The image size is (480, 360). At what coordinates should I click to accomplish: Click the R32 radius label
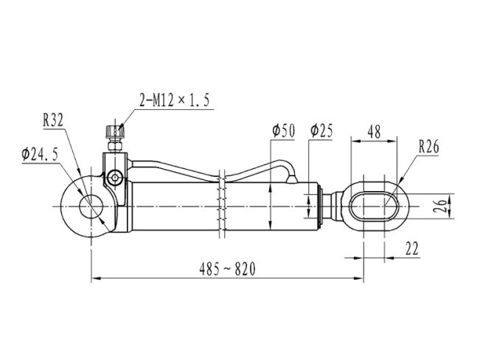pyautogui.click(x=53, y=120)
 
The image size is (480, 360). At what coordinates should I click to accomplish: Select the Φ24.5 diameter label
pyautogui.click(x=40, y=154)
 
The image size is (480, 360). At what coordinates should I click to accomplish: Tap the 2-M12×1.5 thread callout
pyautogui.click(x=175, y=100)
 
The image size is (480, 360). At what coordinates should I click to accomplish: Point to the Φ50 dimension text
pyautogui.click(x=283, y=131)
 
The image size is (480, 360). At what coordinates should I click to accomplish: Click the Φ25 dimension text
pyautogui.click(x=321, y=131)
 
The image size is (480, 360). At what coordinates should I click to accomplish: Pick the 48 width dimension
pyautogui.click(x=374, y=132)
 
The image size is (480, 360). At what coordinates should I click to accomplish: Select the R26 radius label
pyautogui.click(x=428, y=147)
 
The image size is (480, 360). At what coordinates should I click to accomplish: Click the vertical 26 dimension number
pyautogui.click(x=439, y=207)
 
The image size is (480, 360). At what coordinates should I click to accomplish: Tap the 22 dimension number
pyautogui.click(x=411, y=249)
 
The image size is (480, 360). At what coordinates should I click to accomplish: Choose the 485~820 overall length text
pyautogui.click(x=227, y=269)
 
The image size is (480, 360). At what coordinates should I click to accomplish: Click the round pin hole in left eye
pyautogui.click(x=91, y=207)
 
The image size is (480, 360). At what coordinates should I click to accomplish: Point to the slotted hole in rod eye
pyautogui.click(x=374, y=207)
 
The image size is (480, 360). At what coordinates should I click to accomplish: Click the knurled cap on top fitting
pyautogui.click(x=115, y=131)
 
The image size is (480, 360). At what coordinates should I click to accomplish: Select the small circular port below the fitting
pyautogui.click(x=115, y=178)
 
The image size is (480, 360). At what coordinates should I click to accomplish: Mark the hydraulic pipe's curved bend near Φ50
pyautogui.click(x=286, y=167)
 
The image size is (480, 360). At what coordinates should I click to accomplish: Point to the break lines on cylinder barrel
pyautogui.click(x=223, y=204)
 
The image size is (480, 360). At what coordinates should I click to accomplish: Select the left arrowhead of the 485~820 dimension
pyautogui.click(x=97, y=278)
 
